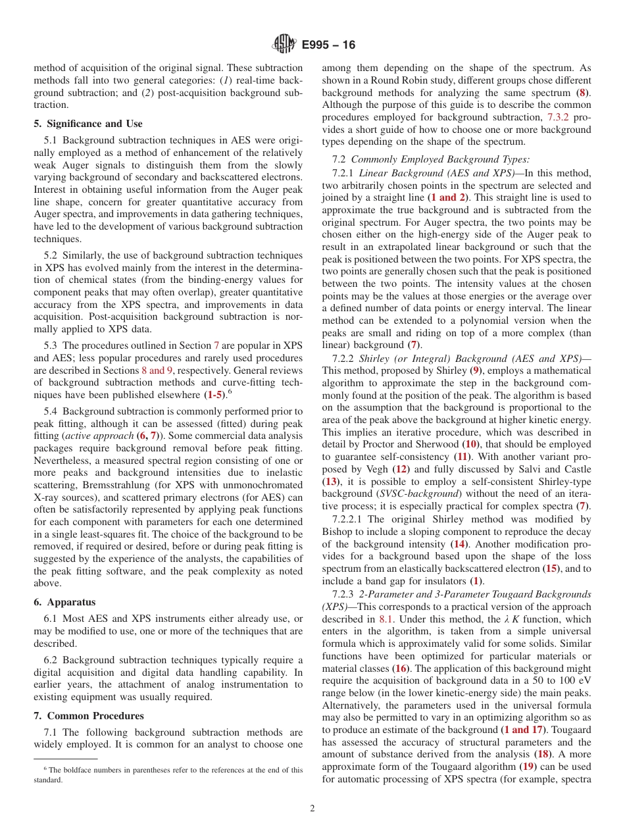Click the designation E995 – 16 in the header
point(328,45)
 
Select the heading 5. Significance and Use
point(87,124)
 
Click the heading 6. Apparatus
point(64,602)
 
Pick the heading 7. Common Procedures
point(89,716)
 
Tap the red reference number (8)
point(582,93)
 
